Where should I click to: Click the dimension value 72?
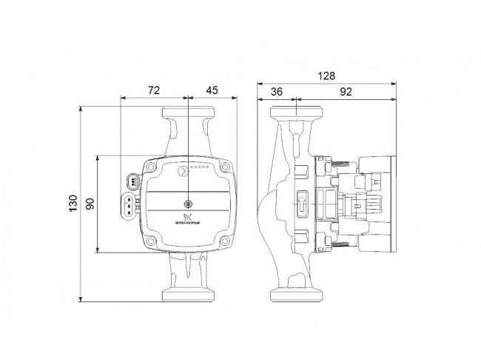[x=154, y=90]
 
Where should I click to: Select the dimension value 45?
[x=212, y=90]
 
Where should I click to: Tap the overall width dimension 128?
[x=326, y=76]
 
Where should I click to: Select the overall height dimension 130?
[x=73, y=203]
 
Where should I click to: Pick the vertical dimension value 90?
[x=90, y=203]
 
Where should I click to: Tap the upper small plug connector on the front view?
[x=132, y=180]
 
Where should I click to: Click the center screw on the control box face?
[x=189, y=203]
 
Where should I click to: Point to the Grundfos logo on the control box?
[x=188, y=219]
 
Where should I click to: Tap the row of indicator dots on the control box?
[x=201, y=169]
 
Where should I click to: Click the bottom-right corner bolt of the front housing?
[x=227, y=241]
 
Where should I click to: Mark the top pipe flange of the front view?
[x=189, y=113]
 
